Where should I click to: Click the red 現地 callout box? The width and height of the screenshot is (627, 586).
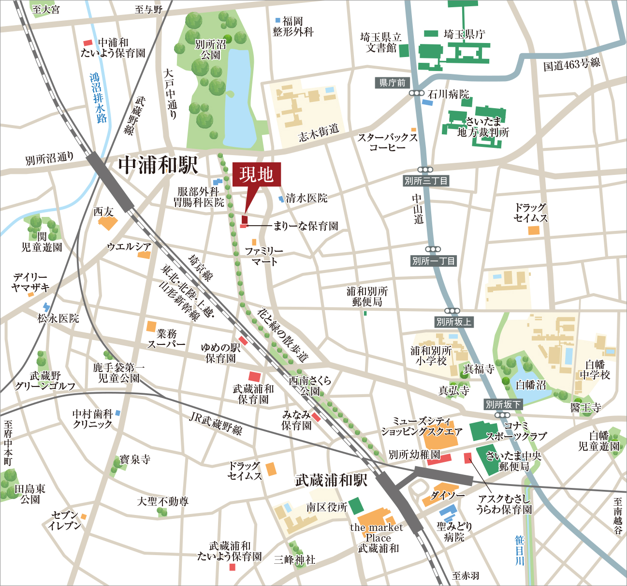tap(256, 174)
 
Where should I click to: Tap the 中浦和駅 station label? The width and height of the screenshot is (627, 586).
tap(158, 165)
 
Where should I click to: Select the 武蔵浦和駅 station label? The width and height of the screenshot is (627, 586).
tap(331, 480)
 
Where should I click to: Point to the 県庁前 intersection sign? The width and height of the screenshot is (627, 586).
tap(392, 83)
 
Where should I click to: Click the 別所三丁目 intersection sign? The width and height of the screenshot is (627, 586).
tap(426, 181)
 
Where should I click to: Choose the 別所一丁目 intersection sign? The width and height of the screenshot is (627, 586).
tap(433, 261)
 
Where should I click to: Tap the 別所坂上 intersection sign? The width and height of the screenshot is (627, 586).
tap(453, 322)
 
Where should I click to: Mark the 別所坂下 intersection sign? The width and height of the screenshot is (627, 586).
tap(503, 404)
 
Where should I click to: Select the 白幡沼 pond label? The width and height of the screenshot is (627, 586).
tap(530, 385)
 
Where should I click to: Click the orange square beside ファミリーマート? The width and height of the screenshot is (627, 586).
tap(254, 242)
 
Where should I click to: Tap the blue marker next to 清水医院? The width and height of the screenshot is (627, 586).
tap(281, 199)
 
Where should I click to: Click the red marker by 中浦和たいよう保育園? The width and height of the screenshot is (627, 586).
tap(88, 43)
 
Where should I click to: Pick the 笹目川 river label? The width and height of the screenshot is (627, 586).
tap(519, 550)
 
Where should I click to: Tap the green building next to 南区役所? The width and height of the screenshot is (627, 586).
tap(356, 505)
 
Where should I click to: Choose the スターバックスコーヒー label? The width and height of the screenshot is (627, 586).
tap(387, 142)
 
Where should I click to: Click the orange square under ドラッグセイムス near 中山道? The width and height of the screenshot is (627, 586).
tap(533, 230)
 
